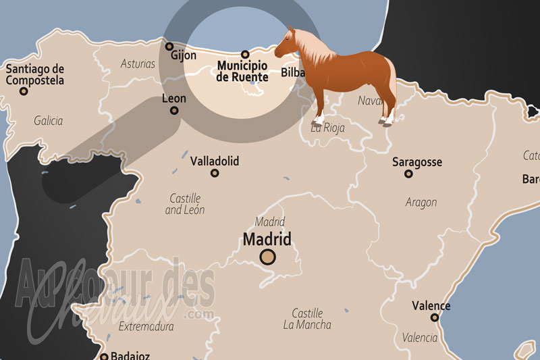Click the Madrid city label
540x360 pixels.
pyautogui.click(x=267, y=239)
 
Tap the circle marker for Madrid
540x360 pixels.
pyautogui.click(x=268, y=257)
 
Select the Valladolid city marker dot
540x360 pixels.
pyautogui.click(x=215, y=173)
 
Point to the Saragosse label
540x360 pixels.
pyautogui.click(x=417, y=162)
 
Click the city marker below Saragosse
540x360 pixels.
pyautogui.click(x=408, y=174)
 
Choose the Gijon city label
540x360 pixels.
pyautogui.click(x=184, y=55)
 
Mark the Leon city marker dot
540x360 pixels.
pyautogui.click(x=174, y=110)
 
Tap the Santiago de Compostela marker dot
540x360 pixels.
pyautogui.click(x=24, y=91)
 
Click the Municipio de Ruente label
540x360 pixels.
pyautogui.click(x=242, y=72)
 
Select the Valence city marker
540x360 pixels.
pyautogui.click(x=435, y=317)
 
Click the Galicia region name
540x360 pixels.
pyautogui.click(x=48, y=121)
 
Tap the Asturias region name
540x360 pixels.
pyautogui.click(x=138, y=64)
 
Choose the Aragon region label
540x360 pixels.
pyautogui.click(x=421, y=202)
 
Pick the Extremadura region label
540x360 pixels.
pyautogui.click(x=146, y=326)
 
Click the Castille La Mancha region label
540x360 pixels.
pyautogui.click(x=307, y=319)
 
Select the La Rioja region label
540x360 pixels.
pyautogui.click(x=327, y=127)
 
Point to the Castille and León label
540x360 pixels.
pyautogui.click(x=185, y=204)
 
